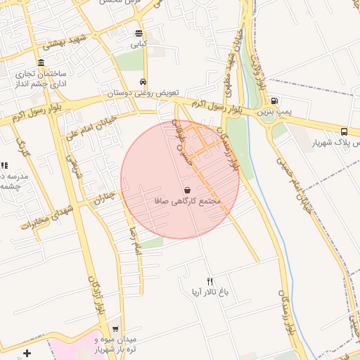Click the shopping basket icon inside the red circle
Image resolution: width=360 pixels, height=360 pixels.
click(x=187, y=190)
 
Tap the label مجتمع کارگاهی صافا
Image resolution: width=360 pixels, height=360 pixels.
click(x=188, y=201)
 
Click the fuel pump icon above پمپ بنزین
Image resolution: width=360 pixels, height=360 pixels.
click(x=274, y=101)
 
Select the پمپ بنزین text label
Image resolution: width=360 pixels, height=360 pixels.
click(x=273, y=112)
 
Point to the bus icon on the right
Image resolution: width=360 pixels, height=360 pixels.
click(x=344, y=131)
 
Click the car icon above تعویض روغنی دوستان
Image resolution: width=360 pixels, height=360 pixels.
click(x=143, y=81)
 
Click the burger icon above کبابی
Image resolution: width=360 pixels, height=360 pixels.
click(x=139, y=33)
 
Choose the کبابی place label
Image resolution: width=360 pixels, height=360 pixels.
click(x=139, y=44)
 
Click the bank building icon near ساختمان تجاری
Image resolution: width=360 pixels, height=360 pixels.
click(x=41, y=63)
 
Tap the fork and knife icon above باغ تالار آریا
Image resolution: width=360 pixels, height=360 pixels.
click(x=209, y=281)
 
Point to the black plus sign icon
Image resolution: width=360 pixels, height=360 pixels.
click(x=27, y=352)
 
